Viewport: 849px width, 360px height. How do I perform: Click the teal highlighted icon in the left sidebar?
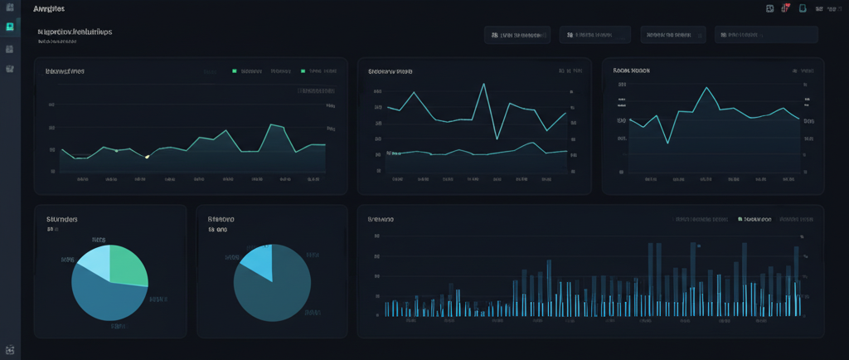click(9, 27)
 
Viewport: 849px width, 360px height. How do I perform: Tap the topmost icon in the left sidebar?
click(9, 7)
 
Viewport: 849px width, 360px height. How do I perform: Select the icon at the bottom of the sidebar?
click(9, 350)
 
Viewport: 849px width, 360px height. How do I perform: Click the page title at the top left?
click(49, 8)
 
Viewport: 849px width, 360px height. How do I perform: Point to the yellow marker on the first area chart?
click(147, 156)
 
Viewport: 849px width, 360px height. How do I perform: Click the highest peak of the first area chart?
click(272, 125)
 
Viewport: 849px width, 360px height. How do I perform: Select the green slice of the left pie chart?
click(128, 264)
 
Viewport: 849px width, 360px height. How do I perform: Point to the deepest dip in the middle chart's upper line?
click(496, 139)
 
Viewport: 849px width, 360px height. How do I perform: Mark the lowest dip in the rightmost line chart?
click(667, 143)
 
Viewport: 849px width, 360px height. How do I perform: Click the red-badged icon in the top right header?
click(785, 8)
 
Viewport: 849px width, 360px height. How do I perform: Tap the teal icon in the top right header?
click(802, 8)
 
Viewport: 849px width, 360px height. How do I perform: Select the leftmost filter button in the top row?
click(517, 35)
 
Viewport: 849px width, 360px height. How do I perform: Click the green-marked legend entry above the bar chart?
click(754, 220)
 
